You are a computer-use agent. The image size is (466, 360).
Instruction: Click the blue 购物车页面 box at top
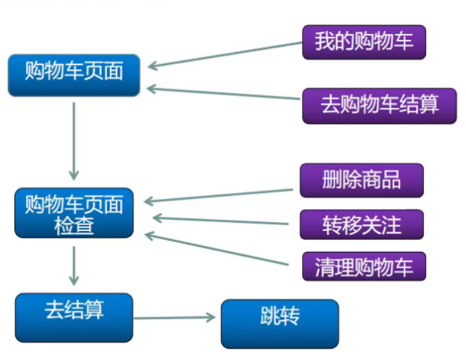coord(74,75)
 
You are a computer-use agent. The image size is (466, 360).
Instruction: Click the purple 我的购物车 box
coord(363,42)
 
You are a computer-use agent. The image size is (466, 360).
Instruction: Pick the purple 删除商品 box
coord(362,180)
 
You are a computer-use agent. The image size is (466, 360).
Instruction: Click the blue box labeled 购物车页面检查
coord(74,213)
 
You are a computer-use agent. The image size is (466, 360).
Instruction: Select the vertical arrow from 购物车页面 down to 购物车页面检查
coord(74,140)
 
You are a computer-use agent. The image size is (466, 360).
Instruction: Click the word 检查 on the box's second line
coord(74,225)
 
